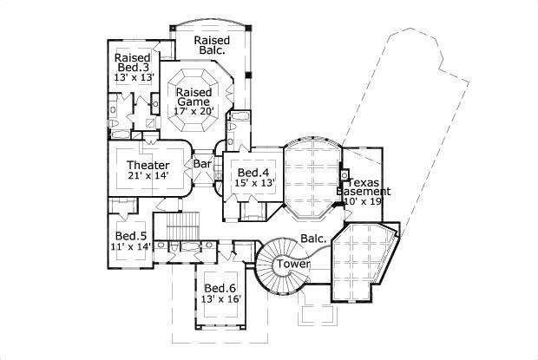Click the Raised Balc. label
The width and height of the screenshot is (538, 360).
(x=211, y=45)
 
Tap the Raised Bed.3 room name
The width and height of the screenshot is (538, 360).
(x=133, y=63)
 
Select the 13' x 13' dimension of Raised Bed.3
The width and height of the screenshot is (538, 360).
(x=134, y=76)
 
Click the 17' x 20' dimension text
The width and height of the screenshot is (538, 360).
(x=194, y=111)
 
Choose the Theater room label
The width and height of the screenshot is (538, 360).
(x=148, y=165)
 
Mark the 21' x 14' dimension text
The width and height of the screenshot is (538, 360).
(x=148, y=176)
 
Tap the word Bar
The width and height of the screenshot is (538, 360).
(x=202, y=163)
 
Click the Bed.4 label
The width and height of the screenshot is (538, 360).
(x=252, y=172)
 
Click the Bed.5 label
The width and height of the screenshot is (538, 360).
(x=130, y=235)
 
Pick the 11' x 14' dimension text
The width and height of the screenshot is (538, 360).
(x=130, y=246)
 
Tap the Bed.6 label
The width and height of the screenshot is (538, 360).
(x=220, y=288)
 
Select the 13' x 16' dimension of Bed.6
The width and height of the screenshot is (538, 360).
(x=220, y=299)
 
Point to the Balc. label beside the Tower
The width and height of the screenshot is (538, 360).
(x=313, y=238)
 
